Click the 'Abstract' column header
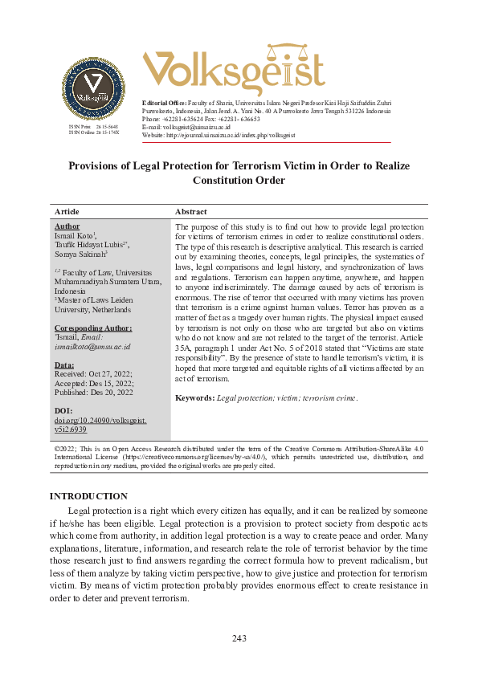pyautogui.click(x=191, y=212)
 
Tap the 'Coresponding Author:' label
pyautogui.click(x=93, y=328)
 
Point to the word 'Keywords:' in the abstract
pyautogui.click(x=194, y=397)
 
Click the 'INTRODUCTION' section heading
pyautogui.click(x=88, y=496)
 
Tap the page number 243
pyautogui.click(x=239, y=638)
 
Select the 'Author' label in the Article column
pyautogui.click(x=67, y=226)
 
